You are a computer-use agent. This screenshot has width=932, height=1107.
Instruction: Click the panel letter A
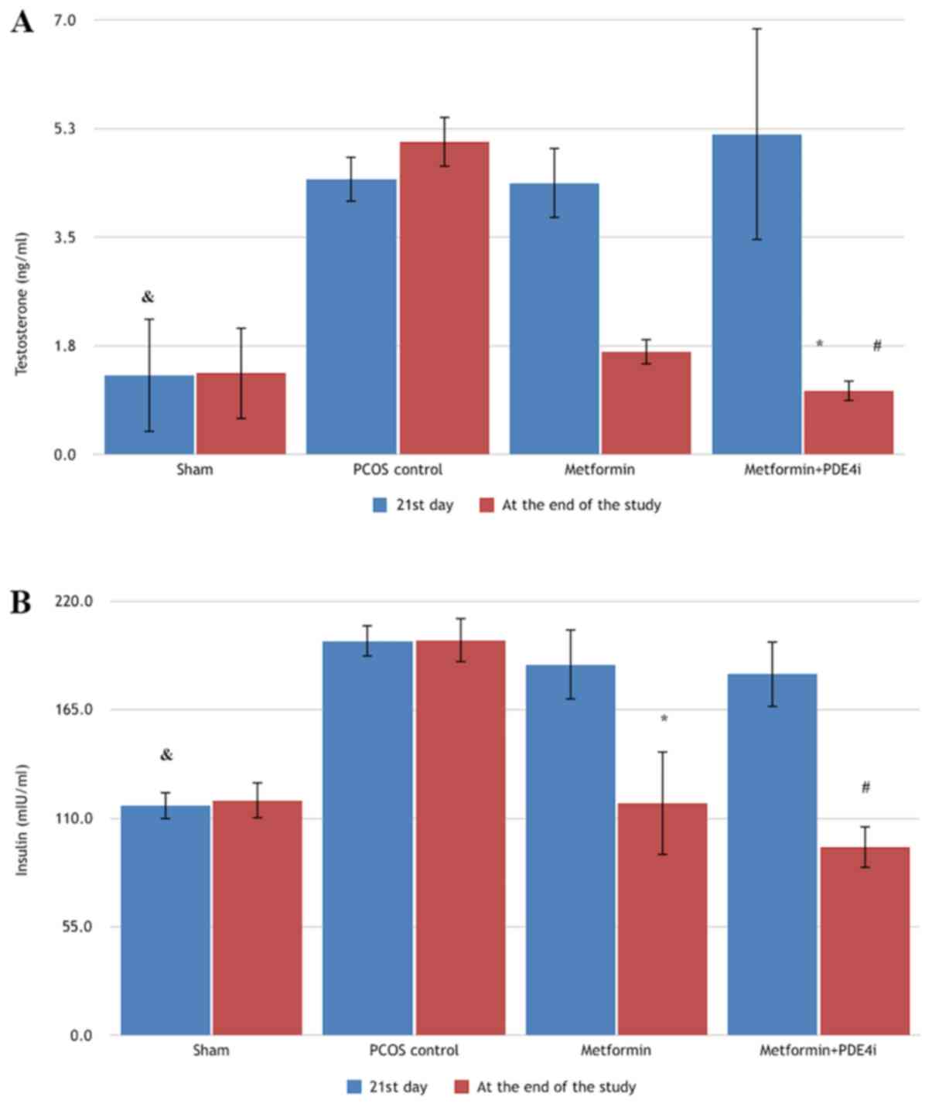click(22, 22)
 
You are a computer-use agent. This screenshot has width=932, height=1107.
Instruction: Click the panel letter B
click(20, 602)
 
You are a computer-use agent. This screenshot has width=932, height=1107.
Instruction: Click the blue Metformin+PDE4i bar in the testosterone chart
click(756, 294)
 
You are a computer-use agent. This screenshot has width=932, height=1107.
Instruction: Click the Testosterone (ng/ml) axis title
click(22, 304)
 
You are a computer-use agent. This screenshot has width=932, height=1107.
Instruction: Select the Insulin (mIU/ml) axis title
click(22, 820)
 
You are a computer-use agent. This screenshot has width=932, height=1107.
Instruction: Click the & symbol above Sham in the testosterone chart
click(148, 297)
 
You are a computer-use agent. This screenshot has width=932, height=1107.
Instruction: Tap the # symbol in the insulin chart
click(865, 788)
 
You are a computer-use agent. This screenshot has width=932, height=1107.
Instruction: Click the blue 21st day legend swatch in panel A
click(380, 505)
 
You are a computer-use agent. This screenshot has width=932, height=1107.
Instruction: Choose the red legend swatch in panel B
click(461, 1087)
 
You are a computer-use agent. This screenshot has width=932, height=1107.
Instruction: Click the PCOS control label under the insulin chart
click(414, 1051)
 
